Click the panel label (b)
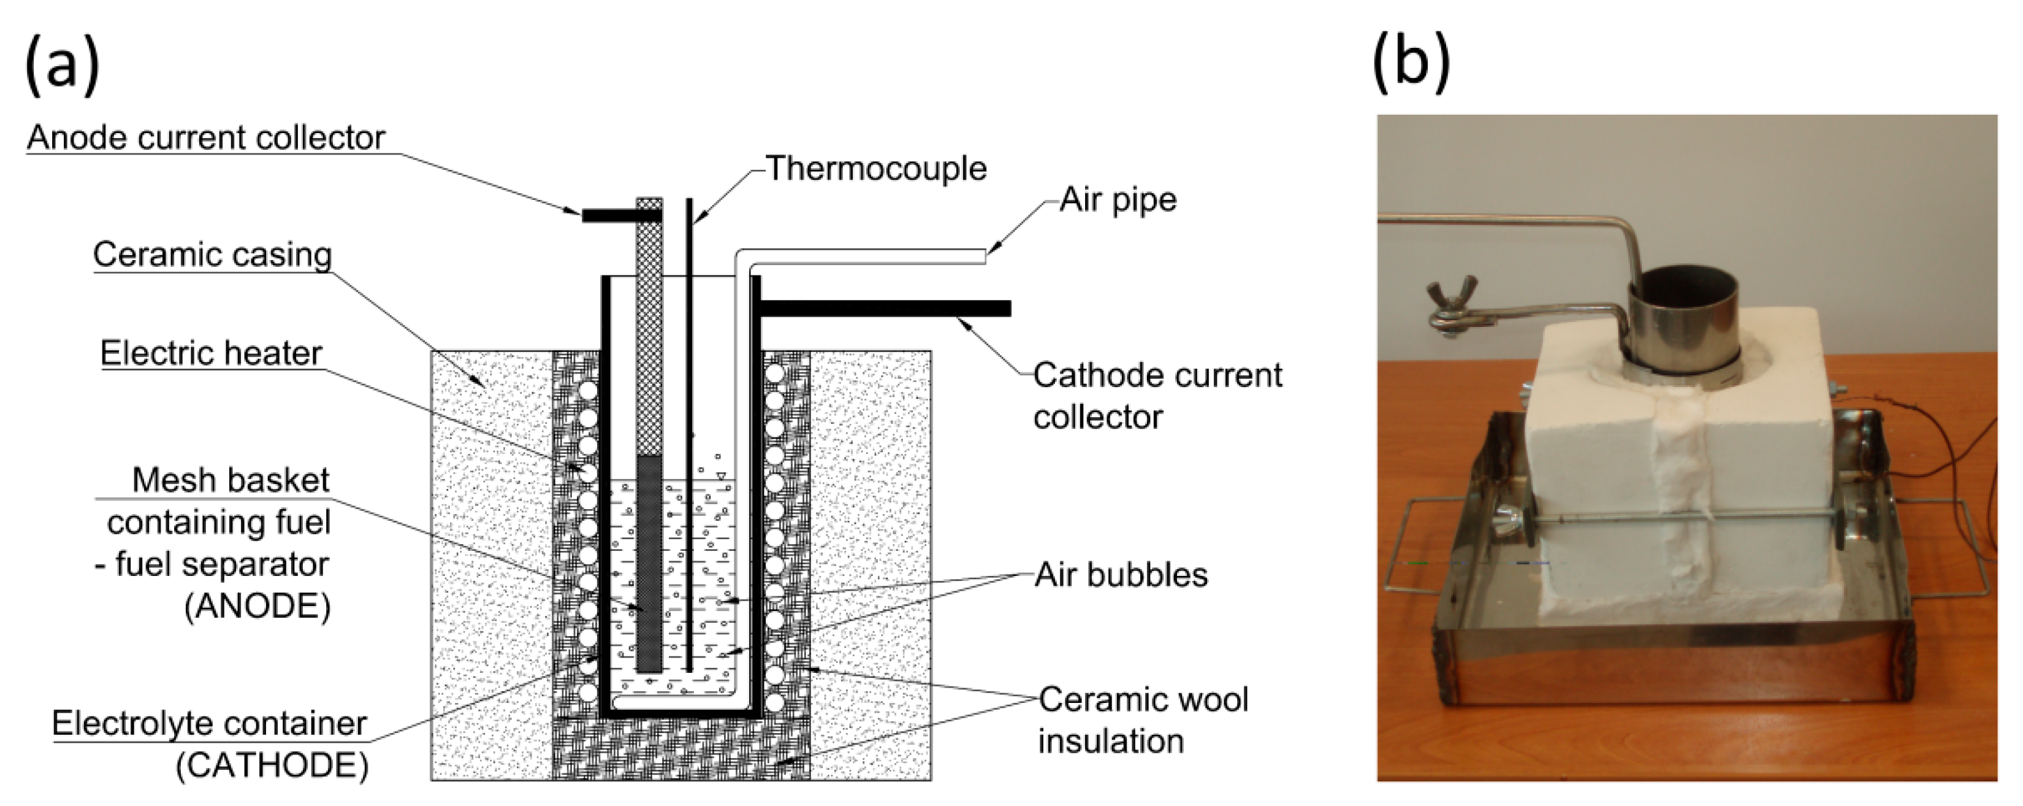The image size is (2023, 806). pos(1411,63)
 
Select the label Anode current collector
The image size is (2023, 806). pos(206,138)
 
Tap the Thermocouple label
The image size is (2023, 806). pos(875,169)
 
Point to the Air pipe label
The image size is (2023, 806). pos(1118,199)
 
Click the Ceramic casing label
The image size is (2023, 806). pos(212,255)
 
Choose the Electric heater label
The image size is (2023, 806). pos(210,353)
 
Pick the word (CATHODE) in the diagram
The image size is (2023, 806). pos(272,764)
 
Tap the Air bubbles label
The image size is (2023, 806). pos(1121,575)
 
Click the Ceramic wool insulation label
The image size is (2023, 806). pos(1142,720)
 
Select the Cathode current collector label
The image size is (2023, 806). pos(1156,395)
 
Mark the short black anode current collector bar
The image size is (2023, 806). pos(609,215)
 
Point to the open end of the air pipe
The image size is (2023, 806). pos(983,256)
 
